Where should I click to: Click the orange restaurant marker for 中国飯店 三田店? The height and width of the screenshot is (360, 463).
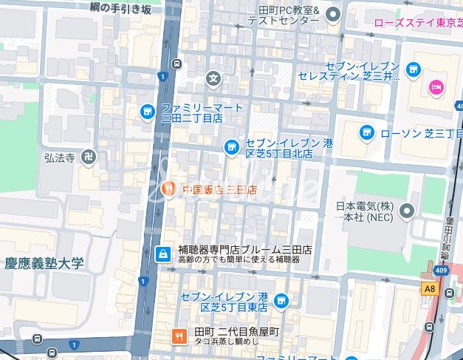[x=168, y=190]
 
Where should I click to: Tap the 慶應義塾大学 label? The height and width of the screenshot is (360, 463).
[x=44, y=263]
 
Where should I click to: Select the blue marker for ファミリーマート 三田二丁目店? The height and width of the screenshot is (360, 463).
[x=147, y=112]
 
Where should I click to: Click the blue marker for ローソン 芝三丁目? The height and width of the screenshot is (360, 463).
[x=366, y=133]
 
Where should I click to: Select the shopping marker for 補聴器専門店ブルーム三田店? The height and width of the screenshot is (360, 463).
[x=162, y=254]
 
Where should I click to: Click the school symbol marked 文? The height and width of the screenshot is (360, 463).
[x=213, y=77]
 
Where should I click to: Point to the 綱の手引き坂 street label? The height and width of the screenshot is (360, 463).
[x=120, y=8]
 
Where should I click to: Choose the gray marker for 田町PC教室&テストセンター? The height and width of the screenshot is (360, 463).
[x=333, y=13]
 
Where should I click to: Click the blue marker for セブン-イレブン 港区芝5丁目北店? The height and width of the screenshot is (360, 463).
[x=231, y=148]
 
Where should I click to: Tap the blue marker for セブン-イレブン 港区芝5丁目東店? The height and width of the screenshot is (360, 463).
[x=281, y=301]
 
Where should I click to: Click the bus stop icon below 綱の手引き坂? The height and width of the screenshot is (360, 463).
[x=177, y=64]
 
